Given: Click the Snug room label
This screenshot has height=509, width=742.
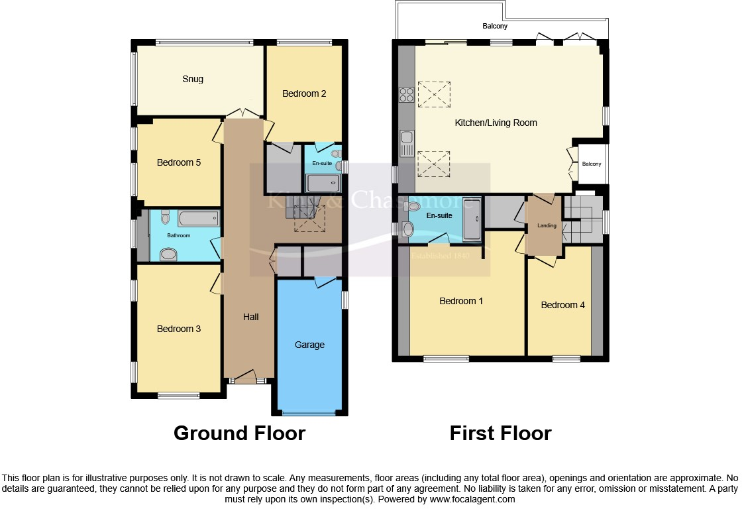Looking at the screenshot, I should [x=193, y=79].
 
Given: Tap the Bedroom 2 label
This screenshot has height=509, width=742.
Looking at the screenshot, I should [x=304, y=93].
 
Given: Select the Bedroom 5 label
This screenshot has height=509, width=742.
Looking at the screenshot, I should [x=179, y=162].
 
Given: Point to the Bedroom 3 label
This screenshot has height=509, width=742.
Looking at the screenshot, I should [x=178, y=329].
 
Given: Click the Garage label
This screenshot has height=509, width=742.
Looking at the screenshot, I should [x=309, y=345].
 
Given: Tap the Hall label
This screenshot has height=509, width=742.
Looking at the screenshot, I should [x=250, y=317].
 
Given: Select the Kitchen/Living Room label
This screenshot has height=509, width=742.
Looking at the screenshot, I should [x=496, y=123].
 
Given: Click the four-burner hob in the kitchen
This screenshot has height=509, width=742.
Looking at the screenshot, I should [x=406, y=95].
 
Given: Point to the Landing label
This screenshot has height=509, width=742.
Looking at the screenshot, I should [x=547, y=226].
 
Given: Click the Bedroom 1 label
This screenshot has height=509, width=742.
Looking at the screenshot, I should [x=461, y=301].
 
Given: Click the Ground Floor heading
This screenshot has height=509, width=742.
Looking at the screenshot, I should [x=239, y=433].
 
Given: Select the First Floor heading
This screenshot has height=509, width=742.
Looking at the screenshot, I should [x=500, y=433].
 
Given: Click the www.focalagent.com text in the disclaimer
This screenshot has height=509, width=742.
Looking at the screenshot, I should [x=472, y=499].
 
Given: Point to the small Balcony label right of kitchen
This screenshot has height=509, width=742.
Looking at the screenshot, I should [x=592, y=164].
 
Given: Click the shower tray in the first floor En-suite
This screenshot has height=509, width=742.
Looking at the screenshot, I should [x=472, y=219].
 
